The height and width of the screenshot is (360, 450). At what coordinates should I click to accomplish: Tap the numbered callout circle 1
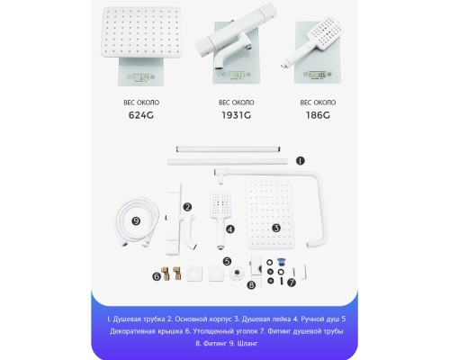[x=301, y=162]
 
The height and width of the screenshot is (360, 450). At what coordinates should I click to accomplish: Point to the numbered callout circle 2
[x=187, y=207]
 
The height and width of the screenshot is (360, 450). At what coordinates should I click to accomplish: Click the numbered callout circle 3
[x=276, y=229]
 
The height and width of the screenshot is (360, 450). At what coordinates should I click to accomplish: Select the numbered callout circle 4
[x=230, y=229]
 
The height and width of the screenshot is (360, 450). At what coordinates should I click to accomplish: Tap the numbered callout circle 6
[x=156, y=278]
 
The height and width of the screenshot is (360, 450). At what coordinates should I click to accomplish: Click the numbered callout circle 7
[x=292, y=282]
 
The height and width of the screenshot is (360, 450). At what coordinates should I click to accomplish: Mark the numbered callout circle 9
[x=136, y=220]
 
